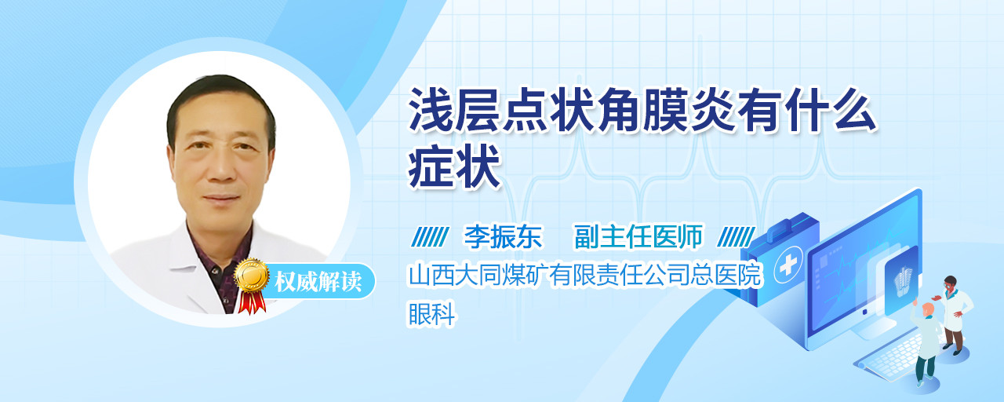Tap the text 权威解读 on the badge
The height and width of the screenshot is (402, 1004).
pyautogui.click(x=318, y=282)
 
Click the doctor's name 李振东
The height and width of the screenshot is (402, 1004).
pyautogui.click(x=503, y=236)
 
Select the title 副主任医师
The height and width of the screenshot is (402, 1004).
pyautogui.click(x=638, y=236)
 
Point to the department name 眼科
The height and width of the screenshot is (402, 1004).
pyautogui.click(x=431, y=313)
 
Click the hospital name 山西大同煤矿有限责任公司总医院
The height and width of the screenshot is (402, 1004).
pyautogui.click(x=585, y=275)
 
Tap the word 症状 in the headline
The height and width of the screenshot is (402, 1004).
pyautogui.click(x=454, y=167)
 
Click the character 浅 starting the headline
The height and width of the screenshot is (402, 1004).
pyautogui.click(x=431, y=110)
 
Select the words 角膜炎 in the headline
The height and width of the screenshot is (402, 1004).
pyautogui.click(x=667, y=110)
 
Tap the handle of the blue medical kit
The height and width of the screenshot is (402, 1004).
pyautogui.click(x=785, y=228)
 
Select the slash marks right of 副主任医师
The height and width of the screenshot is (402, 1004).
pyautogui.click(x=736, y=236)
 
